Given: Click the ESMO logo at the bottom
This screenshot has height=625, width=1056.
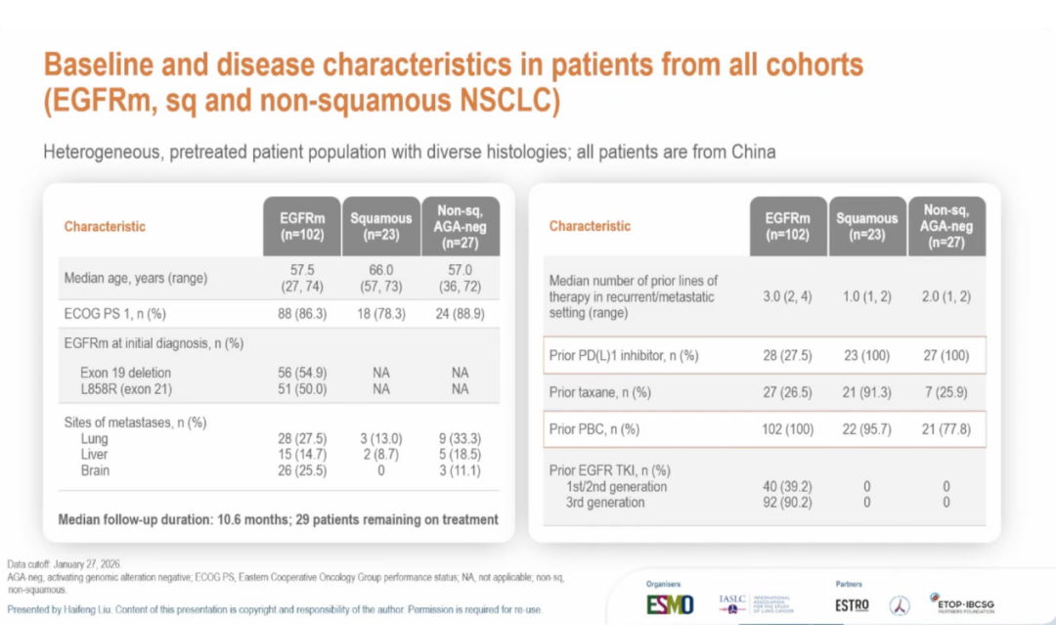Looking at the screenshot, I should pyautogui.click(x=670, y=604).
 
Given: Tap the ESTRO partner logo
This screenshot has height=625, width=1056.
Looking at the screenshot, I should pyautogui.click(x=853, y=604).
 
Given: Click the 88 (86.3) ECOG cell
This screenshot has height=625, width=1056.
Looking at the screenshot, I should pyautogui.click(x=302, y=314).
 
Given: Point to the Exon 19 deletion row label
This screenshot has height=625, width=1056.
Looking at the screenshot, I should pyautogui.click(x=127, y=373).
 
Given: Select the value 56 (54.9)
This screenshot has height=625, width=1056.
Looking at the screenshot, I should pyautogui.click(x=302, y=373).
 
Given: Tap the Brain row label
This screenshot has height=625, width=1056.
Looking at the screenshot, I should pyautogui.click(x=96, y=470).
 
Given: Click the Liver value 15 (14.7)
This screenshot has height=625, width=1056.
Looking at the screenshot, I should pyautogui.click(x=302, y=455).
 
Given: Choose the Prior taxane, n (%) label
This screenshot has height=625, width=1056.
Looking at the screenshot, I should pyautogui.click(x=600, y=392).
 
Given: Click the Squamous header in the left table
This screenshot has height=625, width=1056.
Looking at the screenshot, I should pyautogui.click(x=381, y=226).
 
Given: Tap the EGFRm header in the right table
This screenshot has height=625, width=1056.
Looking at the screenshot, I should pyautogui.click(x=788, y=226).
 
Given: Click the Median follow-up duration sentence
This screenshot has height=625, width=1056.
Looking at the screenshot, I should pyautogui.click(x=278, y=519).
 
